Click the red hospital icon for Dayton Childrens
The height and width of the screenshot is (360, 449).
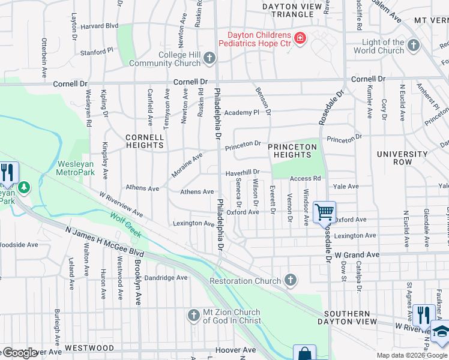pos(300,40)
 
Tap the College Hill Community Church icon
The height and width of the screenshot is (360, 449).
pos(209,58)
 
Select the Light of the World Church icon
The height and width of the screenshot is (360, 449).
pos(413,45)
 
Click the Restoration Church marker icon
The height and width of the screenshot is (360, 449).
pos(290,280)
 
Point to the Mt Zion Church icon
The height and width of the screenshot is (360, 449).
pos(193,315)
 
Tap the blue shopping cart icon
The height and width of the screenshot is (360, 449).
pos(324,211)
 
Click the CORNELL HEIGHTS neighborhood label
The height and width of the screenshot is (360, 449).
pos(145,141)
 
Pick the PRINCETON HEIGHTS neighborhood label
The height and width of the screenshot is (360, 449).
pos(292,151)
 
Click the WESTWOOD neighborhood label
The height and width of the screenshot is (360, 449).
pos(89,348)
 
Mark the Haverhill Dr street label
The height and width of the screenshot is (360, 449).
pos(242,172)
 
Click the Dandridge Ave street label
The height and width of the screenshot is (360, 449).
pos(166,278)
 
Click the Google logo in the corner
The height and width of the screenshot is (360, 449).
pos(20,353)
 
